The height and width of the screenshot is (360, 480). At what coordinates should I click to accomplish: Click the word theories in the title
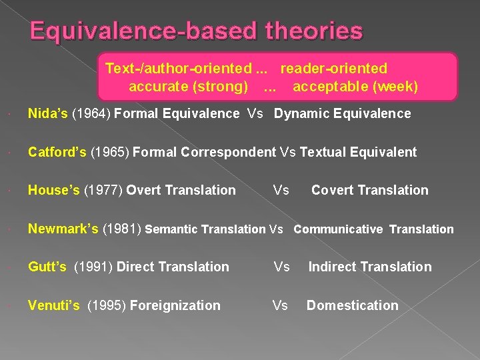[x=314, y=31]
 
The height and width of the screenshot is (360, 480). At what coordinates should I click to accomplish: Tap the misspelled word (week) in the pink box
[x=396, y=87]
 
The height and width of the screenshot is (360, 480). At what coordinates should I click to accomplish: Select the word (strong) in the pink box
[x=222, y=87]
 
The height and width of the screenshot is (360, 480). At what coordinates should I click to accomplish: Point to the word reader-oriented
[x=333, y=69]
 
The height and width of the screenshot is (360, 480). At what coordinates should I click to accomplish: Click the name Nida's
[x=47, y=113]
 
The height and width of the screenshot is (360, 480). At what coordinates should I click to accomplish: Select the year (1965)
[x=110, y=152]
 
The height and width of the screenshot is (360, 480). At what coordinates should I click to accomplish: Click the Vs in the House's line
[x=281, y=191]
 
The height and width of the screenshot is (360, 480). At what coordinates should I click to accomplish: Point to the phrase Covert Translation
[x=369, y=191]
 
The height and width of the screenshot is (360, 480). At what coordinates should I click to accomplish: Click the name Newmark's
[x=63, y=229]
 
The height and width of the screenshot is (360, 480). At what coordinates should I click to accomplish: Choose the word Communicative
[x=338, y=229]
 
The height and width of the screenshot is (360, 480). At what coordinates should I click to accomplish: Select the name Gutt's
[x=47, y=267]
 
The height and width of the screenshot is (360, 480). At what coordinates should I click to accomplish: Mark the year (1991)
[x=93, y=267]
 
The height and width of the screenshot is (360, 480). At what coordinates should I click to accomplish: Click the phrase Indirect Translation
[x=369, y=267]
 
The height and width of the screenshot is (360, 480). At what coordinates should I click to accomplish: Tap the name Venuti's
[x=53, y=306]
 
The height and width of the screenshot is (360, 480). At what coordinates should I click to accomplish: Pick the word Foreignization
[x=175, y=306]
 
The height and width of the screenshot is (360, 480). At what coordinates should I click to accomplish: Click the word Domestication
[x=352, y=306]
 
